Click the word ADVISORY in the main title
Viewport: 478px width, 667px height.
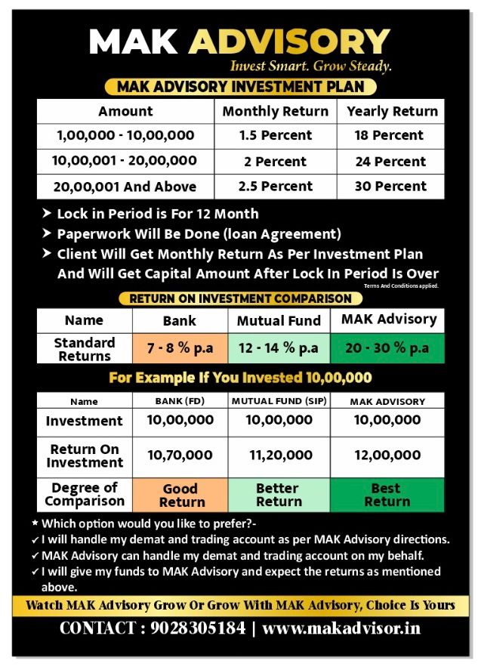[289, 42]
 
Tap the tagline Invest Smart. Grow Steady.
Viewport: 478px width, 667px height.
[310, 66]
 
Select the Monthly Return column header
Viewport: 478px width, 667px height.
[275, 112]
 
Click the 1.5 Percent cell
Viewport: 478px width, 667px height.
[275, 136]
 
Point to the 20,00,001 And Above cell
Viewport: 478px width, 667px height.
[125, 187]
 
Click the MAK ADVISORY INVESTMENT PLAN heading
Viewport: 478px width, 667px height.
[240, 87]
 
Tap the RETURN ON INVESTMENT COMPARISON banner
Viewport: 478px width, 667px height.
[240, 299]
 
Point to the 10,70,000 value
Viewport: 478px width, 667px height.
[180, 455]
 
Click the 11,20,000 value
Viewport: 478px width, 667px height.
[279, 455]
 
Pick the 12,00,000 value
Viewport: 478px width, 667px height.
[387, 455]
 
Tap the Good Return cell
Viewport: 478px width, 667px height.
[180, 495]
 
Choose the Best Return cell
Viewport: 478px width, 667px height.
[387, 495]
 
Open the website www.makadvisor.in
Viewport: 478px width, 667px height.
[341, 628]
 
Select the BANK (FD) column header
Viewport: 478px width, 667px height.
[180, 401]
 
